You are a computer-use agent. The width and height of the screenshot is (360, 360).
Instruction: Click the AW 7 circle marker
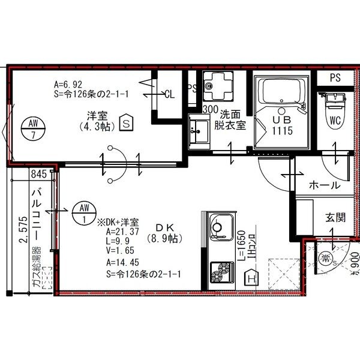tap(33, 129)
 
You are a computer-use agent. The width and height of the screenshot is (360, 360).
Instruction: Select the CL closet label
tap(169, 94)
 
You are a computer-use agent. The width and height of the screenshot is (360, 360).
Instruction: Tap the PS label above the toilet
tap(335, 78)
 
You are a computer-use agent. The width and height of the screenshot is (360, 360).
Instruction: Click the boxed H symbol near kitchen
tap(252, 277)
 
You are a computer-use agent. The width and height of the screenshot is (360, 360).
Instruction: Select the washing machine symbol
tap(214, 86)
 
